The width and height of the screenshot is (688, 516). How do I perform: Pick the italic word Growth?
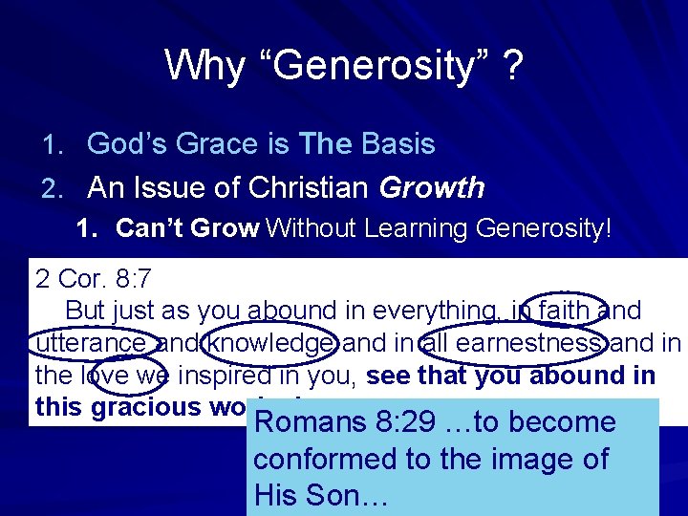[x=432, y=187]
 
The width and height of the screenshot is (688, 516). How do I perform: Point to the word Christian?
[x=311, y=187]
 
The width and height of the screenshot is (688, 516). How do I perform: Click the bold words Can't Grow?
[x=187, y=228]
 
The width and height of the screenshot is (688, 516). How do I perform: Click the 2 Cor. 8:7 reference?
[x=93, y=280]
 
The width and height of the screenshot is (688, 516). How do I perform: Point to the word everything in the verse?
[x=434, y=312]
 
